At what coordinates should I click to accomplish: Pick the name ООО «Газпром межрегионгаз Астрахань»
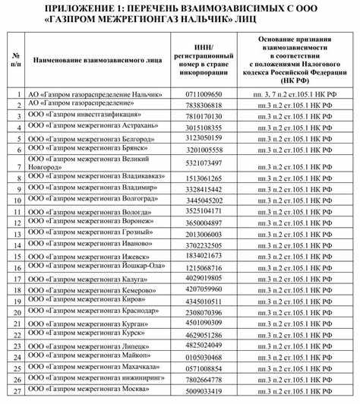[91, 131]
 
